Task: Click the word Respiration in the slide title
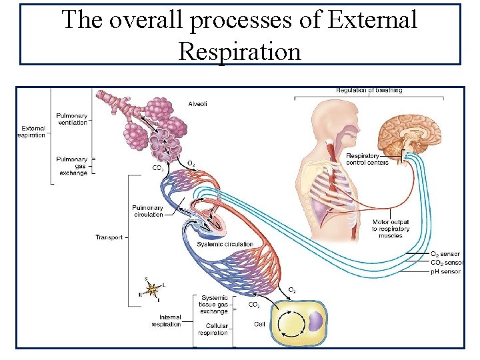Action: (240, 50)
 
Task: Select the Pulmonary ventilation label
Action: (71, 119)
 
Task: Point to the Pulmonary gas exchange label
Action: (73, 166)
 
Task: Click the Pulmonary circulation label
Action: (147, 211)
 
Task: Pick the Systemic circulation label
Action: (225, 244)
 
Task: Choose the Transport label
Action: (109, 237)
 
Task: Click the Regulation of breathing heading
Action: (369, 91)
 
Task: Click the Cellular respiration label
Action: (213, 330)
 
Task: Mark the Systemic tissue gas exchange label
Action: (214, 305)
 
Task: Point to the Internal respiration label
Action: (166, 321)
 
